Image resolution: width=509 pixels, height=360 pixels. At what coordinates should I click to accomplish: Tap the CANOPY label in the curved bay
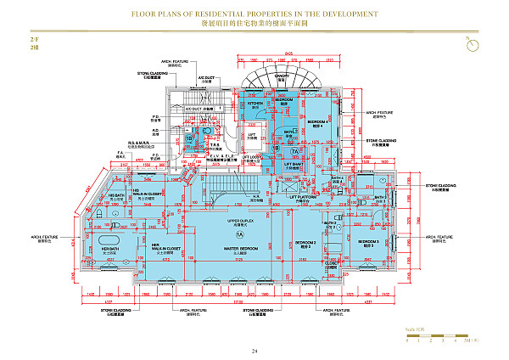282,75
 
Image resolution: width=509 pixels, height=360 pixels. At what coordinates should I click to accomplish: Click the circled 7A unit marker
296,151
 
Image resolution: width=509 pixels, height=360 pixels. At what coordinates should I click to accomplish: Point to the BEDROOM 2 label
305,244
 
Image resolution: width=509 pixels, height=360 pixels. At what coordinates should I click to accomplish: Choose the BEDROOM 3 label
366,243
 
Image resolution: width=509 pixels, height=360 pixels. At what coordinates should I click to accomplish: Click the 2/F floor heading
34,40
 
